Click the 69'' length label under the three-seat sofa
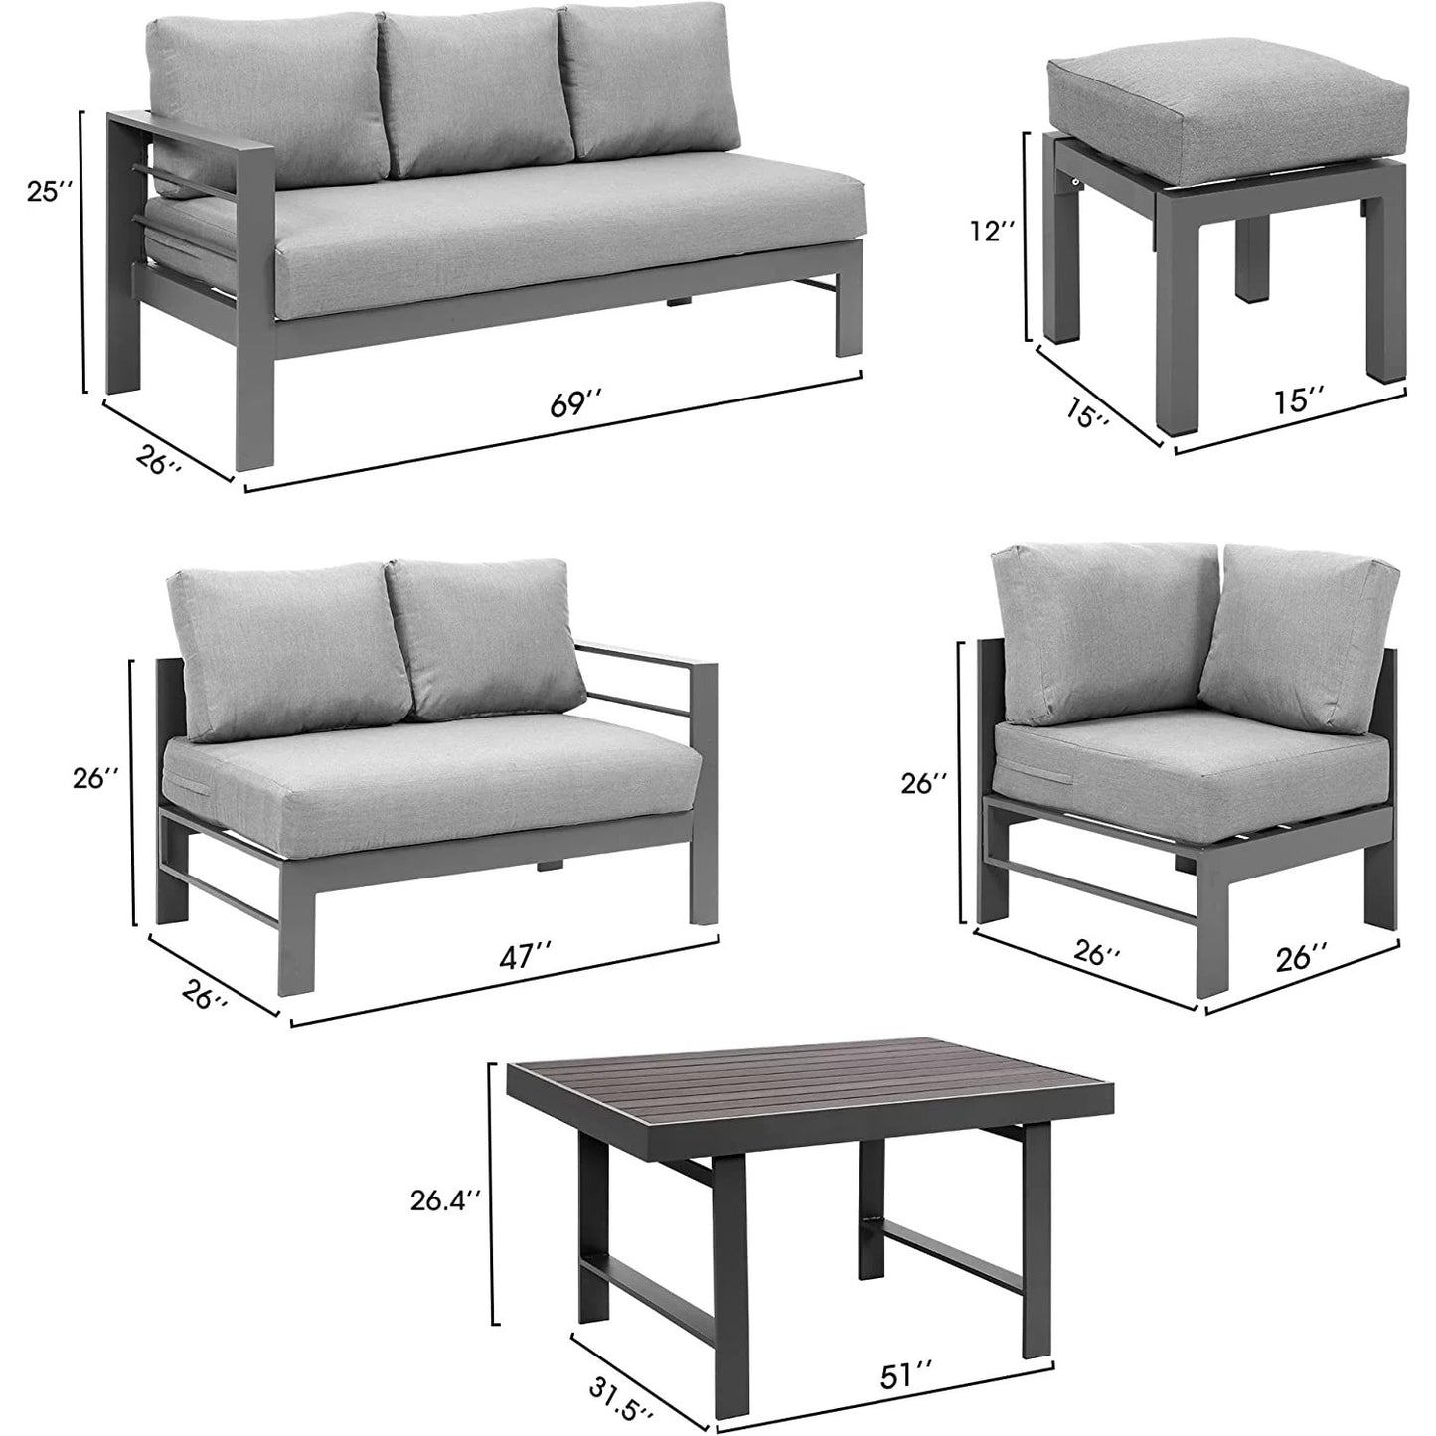[575, 406]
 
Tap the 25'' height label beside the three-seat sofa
[49, 191]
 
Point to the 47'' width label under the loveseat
[526, 955]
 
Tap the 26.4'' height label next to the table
[446, 1221]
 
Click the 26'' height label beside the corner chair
[925, 783]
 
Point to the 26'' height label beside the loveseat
[96, 779]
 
